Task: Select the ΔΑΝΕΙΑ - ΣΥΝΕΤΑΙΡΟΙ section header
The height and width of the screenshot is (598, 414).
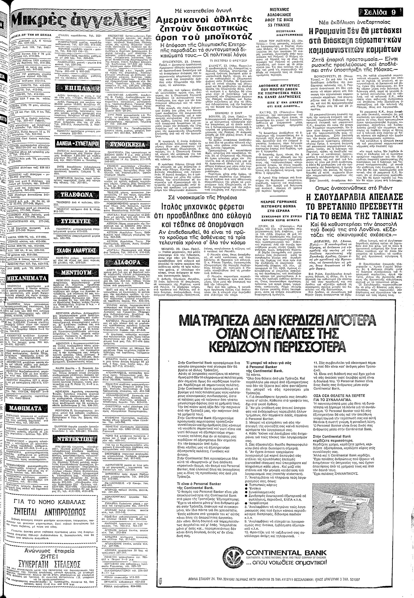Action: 77,143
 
